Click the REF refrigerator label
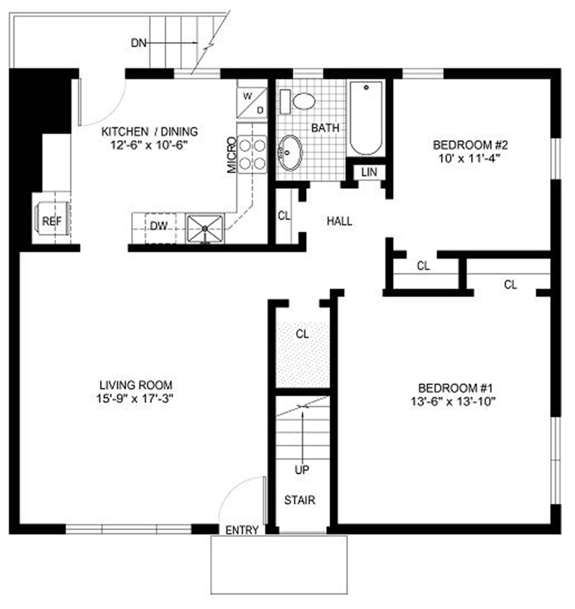pos(52,222)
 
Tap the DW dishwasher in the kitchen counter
pos(159,226)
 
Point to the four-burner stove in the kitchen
pos(252,155)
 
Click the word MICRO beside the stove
pos(232,155)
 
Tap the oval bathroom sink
pos(290,153)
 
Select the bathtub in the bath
pos(366,118)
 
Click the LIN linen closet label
pos(369,172)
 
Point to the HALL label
pos(339,222)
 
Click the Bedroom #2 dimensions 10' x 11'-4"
pos(469,159)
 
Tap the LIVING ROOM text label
pos(136,385)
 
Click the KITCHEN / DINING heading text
pos(149,132)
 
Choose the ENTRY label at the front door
pos(242,530)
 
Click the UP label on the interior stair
pos(302,470)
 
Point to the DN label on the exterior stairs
pos(138,43)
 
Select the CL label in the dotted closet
pos(302,334)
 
